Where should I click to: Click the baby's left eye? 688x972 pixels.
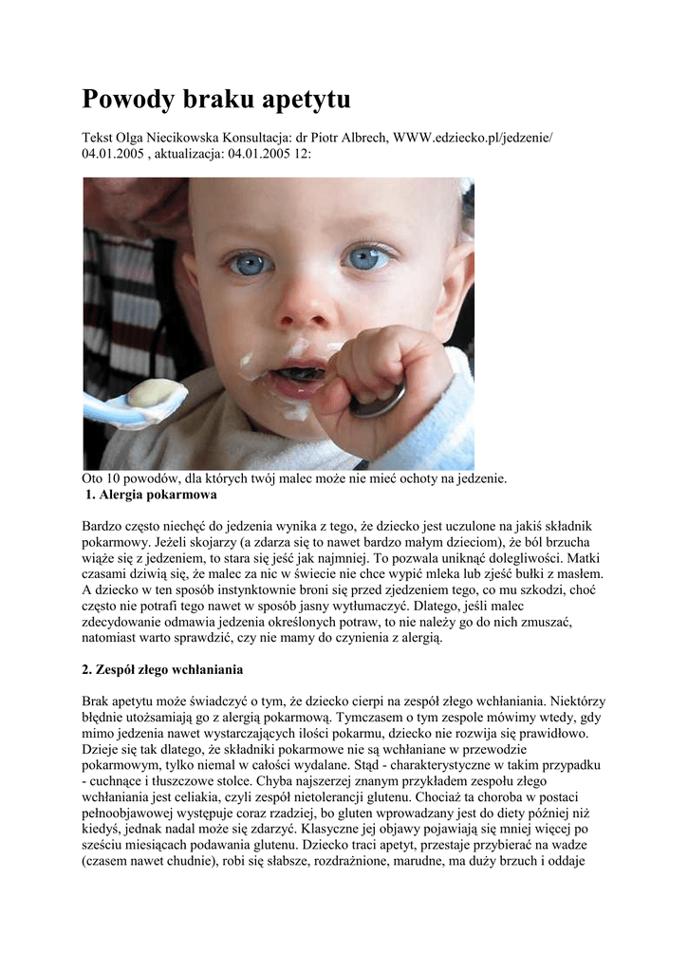(x=368, y=257)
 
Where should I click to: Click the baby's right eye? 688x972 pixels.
(x=250, y=263)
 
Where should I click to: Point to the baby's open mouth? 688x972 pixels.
(x=303, y=372)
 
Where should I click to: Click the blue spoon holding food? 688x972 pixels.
(x=142, y=400)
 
